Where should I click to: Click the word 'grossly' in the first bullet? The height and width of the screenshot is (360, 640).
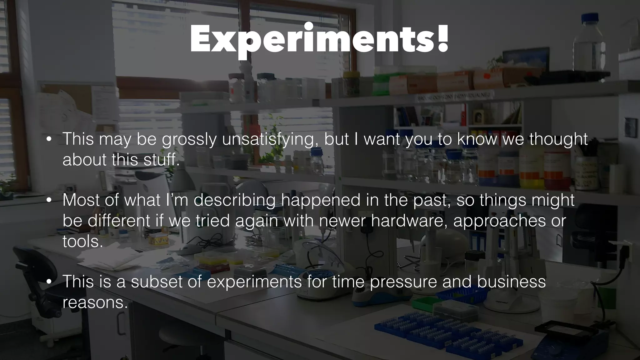[189, 139]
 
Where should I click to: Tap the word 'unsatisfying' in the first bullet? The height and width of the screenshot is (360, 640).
[268, 139]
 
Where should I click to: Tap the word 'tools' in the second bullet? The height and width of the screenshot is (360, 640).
[82, 241]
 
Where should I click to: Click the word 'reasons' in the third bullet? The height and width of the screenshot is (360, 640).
[94, 302]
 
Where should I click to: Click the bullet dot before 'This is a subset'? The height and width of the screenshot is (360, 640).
[48, 282]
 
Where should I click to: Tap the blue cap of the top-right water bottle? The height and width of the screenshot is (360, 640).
[589, 18]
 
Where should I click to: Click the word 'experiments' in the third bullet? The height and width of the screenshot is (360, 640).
[254, 282]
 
